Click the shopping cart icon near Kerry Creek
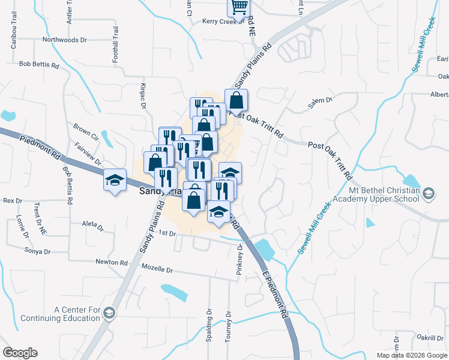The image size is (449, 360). pyautogui.click(x=239, y=7)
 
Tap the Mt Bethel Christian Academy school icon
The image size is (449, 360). pyautogui.click(x=429, y=193)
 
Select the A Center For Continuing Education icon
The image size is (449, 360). pyautogui.click(x=109, y=313)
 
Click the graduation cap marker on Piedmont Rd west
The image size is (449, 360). pyautogui.click(x=114, y=179)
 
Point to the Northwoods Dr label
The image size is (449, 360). pyautogui.click(x=64, y=40)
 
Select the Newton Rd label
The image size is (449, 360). pyautogui.click(x=112, y=262)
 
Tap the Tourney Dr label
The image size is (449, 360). pyautogui.click(x=228, y=327)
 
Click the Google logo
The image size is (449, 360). pyautogui.click(x=20, y=353)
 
